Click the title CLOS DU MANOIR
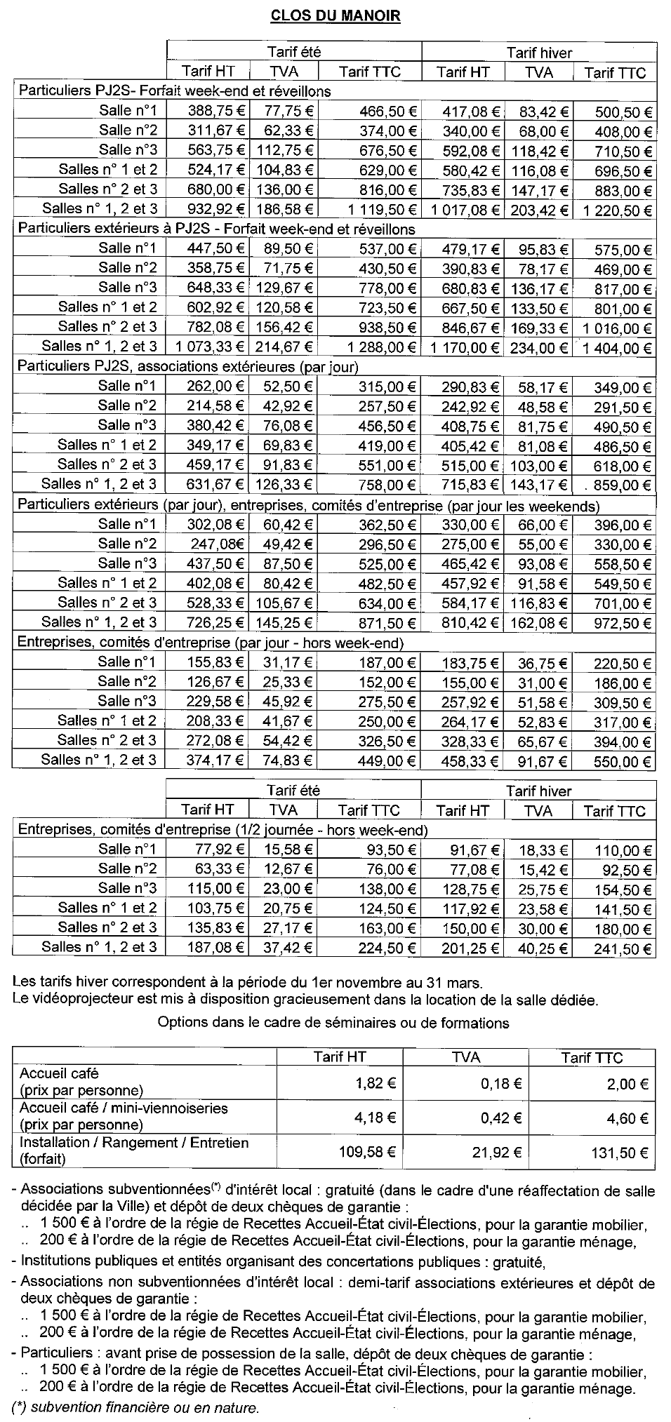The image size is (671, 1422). (x=335, y=16)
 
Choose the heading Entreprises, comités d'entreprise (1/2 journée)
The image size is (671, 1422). (x=222, y=830)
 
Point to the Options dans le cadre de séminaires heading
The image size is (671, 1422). (x=333, y=1022)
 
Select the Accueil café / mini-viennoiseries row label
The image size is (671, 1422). (x=124, y=1108)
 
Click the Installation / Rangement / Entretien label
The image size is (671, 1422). (x=133, y=1142)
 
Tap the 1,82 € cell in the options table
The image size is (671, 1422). (x=380, y=1084)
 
